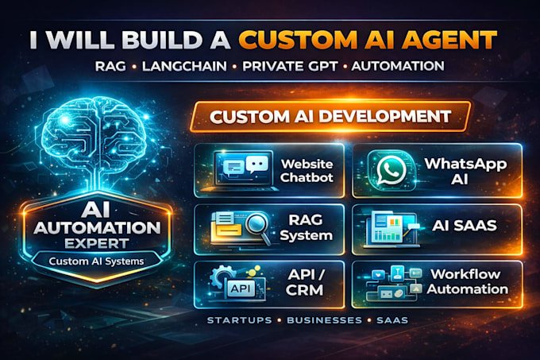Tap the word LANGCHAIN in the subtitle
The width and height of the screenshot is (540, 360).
coord(184,66)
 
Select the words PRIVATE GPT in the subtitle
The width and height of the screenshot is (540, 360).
coord(290,66)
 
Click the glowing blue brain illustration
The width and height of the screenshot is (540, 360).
coord(94,134)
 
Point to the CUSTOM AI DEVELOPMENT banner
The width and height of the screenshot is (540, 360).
coord(330,117)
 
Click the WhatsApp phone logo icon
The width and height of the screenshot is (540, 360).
coord(391,170)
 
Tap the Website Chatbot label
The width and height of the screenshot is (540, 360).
coord(307,171)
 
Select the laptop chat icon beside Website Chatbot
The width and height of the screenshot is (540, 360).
coord(242,170)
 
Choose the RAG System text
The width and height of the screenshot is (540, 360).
coord(306,228)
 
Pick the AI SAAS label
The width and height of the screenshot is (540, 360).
coord(465,226)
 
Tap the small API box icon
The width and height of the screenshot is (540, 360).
coord(240,288)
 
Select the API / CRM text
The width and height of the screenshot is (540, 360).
coord(305,282)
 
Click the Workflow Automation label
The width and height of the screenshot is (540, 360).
coord(467,282)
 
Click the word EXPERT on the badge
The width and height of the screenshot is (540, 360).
coord(97,243)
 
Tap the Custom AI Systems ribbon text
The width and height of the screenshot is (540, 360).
coord(96,261)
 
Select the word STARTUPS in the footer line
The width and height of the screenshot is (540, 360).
coord(239,320)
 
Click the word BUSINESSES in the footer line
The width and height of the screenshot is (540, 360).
coord(325,320)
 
